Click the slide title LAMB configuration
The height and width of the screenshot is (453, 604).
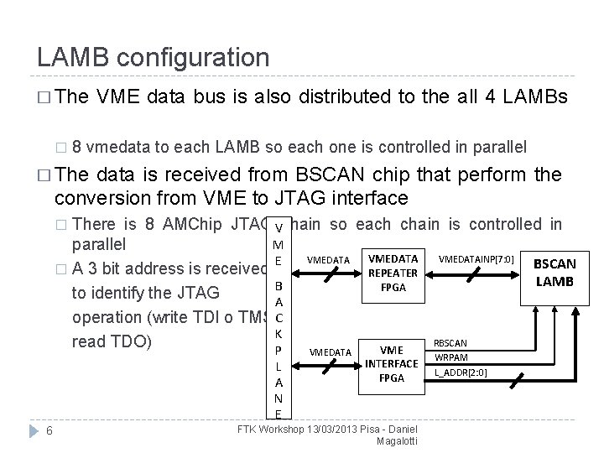(153, 58)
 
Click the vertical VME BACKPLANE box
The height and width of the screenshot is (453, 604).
(278, 317)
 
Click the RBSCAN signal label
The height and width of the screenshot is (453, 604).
(451, 343)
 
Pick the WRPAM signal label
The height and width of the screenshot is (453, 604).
(451, 357)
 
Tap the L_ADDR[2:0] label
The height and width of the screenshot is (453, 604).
(461, 372)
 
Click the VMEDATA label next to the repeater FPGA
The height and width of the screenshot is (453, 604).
(329, 260)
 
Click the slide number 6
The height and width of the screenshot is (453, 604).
(50, 430)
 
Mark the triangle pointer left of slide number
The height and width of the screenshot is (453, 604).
(31, 430)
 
